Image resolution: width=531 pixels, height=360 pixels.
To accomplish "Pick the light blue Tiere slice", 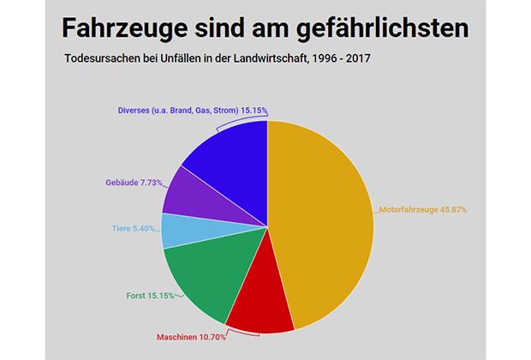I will [x=180, y=230].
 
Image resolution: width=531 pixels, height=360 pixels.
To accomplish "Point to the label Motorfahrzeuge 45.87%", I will [x=422, y=209].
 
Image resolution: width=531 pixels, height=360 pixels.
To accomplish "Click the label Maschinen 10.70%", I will [x=191, y=337].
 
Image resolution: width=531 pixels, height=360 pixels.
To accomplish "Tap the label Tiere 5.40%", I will [x=135, y=229].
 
